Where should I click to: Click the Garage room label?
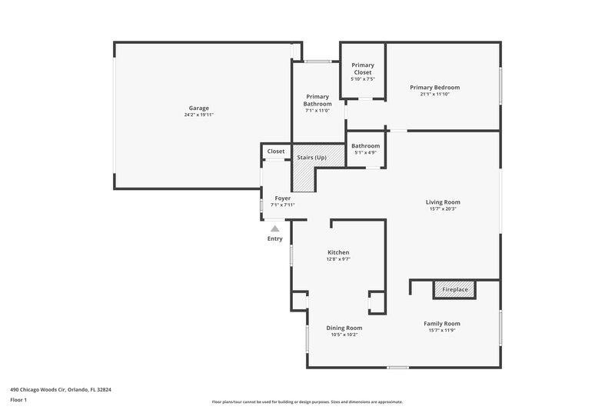point(199,108)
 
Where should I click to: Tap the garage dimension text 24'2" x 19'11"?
point(199,115)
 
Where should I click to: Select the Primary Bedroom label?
point(440,87)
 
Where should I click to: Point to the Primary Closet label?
point(363,69)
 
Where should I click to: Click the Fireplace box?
point(455,289)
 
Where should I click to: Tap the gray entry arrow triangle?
point(275,228)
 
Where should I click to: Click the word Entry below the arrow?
point(275,238)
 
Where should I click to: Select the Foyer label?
point(282,198)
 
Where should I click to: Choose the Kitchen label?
point(338,252)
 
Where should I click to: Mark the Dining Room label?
point(344,328)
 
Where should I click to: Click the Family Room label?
point(442,323)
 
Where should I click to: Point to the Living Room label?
point(442,202)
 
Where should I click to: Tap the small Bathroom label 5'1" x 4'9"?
point(365,145)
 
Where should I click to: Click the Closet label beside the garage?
point(276,152)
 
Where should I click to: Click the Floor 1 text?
point(18,401)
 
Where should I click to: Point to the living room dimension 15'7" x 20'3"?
point(442,209)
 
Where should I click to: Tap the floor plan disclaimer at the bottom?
point(307,402)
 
